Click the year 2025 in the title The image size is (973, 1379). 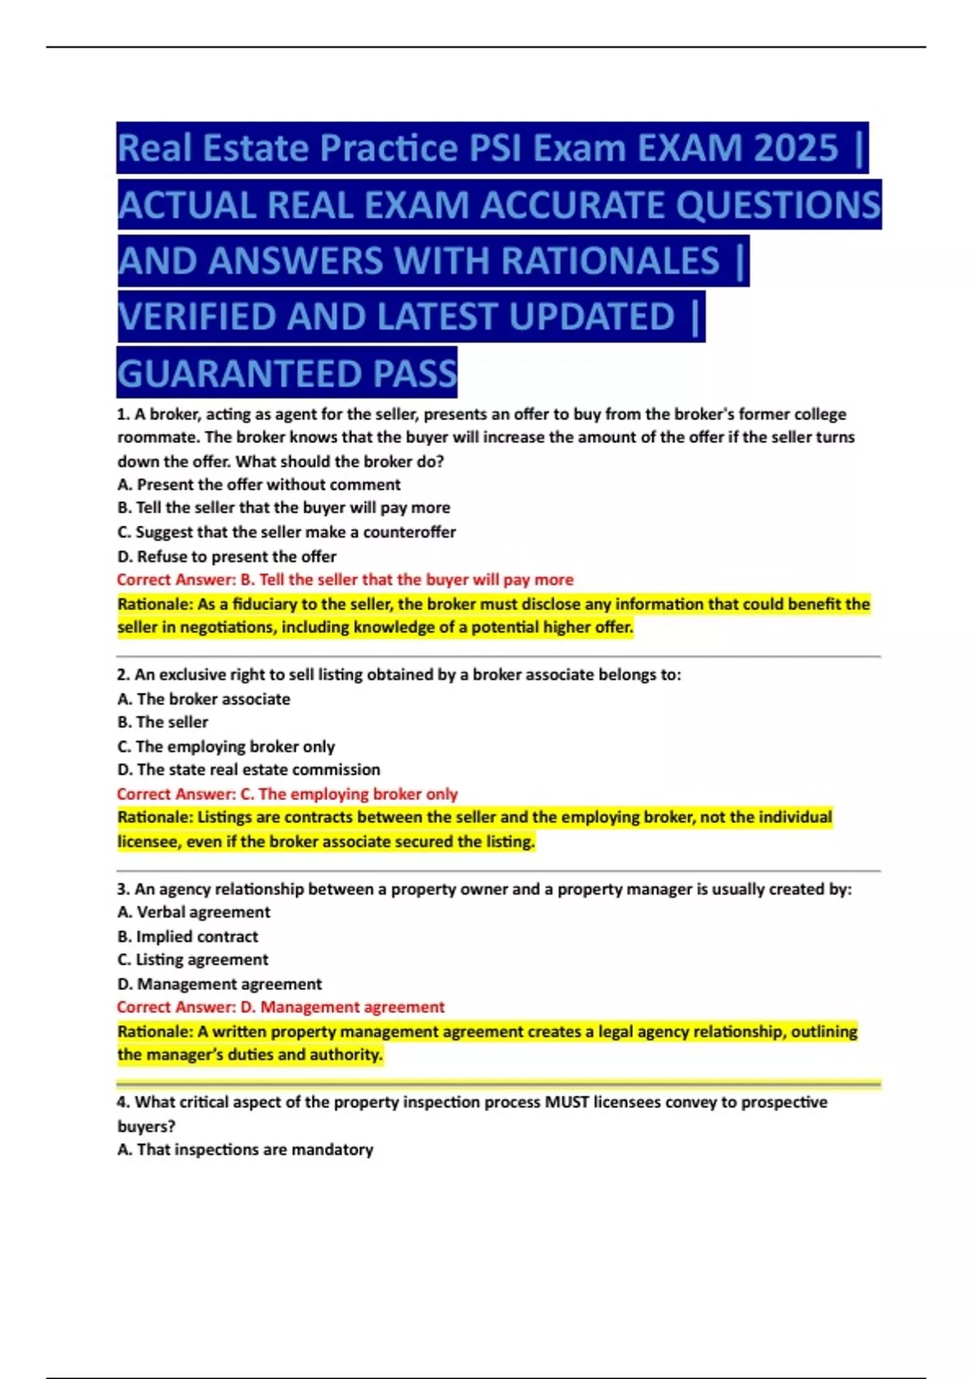pos(795,148)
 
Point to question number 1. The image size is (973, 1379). pos(123,415)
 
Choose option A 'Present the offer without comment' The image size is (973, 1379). pos(259,485)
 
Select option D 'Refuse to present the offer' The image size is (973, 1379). pos(226,556)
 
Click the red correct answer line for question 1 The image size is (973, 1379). pos(345,580)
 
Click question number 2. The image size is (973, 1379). pos(123,675)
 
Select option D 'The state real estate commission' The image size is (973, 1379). pos(248,770)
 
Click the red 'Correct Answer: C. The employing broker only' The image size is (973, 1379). pos(287,794)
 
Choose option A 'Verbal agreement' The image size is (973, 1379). pos(194,913)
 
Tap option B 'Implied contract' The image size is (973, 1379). pos(187,937)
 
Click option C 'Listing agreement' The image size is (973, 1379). pos(192,960)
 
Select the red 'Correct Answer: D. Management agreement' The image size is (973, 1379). pos(281,1007)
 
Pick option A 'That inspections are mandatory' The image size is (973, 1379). pos(245,1149)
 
